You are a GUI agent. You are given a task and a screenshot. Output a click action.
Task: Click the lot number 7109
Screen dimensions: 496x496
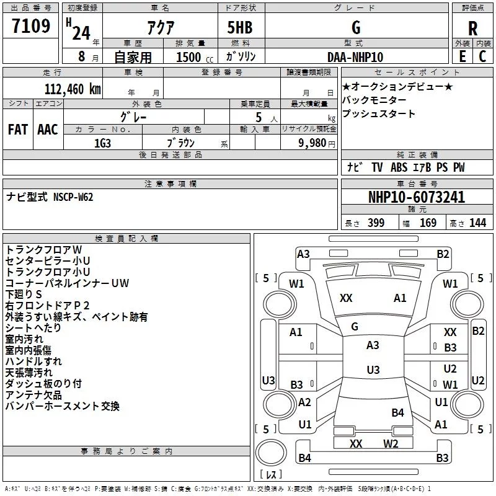(31, 26)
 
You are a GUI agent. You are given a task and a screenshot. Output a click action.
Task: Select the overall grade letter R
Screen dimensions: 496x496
(472, 29)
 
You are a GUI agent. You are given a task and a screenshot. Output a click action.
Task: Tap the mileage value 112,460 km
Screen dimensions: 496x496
(73, 89)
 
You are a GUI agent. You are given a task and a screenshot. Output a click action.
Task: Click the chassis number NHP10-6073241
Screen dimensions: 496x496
(417, 197)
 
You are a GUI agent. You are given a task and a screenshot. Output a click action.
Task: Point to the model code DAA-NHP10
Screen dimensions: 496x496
(355, 57)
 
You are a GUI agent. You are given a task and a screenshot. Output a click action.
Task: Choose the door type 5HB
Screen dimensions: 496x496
(240, 27)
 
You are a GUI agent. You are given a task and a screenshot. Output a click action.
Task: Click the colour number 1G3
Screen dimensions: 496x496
(102, 143)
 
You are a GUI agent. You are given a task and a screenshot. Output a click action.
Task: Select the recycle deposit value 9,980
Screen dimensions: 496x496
(312, 143)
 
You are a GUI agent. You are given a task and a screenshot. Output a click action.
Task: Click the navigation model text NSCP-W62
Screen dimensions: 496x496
(73, 197)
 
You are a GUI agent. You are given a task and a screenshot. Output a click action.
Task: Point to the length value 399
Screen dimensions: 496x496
(376, 223)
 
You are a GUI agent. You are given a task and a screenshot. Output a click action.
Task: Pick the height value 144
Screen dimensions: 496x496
(477, 223)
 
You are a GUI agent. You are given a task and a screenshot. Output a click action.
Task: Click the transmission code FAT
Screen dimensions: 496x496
(18, 130)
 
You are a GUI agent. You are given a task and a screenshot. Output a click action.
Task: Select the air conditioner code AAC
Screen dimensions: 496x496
(48, 130)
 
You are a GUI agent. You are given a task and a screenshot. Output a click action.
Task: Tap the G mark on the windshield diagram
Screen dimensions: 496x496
(355, 327)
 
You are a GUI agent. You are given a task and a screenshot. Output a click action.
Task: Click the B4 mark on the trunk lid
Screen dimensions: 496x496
(397, 412)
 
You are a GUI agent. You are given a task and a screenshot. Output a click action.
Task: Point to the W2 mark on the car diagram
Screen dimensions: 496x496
(391, 443)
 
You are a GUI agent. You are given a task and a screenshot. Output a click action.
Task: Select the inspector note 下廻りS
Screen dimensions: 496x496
(24, 294)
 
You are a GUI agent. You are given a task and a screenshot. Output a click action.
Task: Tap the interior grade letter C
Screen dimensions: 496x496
(482, 56)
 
